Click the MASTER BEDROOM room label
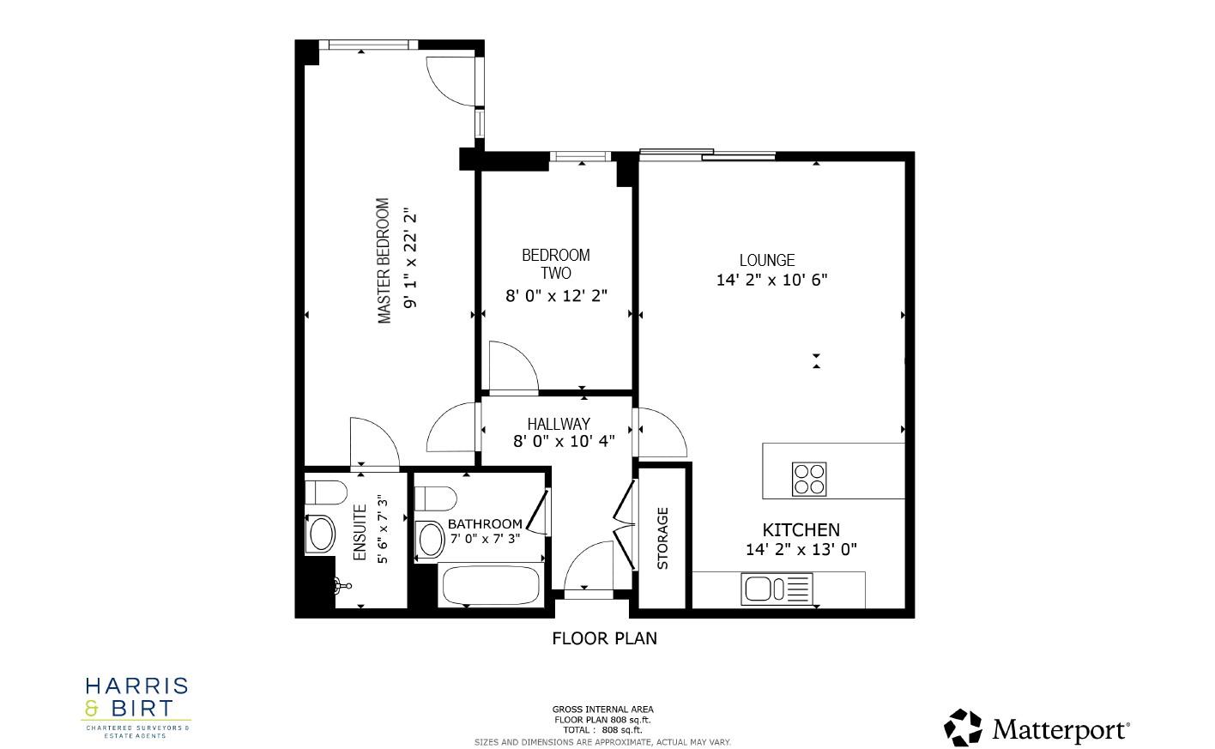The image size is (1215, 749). [x=384, y=262]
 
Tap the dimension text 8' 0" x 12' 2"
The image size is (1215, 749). [x=556, y=296]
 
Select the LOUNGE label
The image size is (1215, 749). [x=767, y=260]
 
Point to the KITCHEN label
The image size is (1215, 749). [x=801, y=530]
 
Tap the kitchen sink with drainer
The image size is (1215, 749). [x=777, y=589]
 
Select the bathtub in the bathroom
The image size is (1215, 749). [x=490, y=586]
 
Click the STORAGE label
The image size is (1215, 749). [x=662, y=539]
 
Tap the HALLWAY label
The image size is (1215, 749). [x=559, y=424]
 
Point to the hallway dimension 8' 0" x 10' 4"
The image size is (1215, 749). [x=564, y=442]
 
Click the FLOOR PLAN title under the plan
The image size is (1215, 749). [x=604, y=638]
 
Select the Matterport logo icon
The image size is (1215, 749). [x=963, y=728]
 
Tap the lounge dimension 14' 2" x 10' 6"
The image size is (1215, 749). [x=771, y=280]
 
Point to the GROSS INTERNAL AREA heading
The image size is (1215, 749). [x=602, y=710]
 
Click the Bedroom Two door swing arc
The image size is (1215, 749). [x=512, y=366]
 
